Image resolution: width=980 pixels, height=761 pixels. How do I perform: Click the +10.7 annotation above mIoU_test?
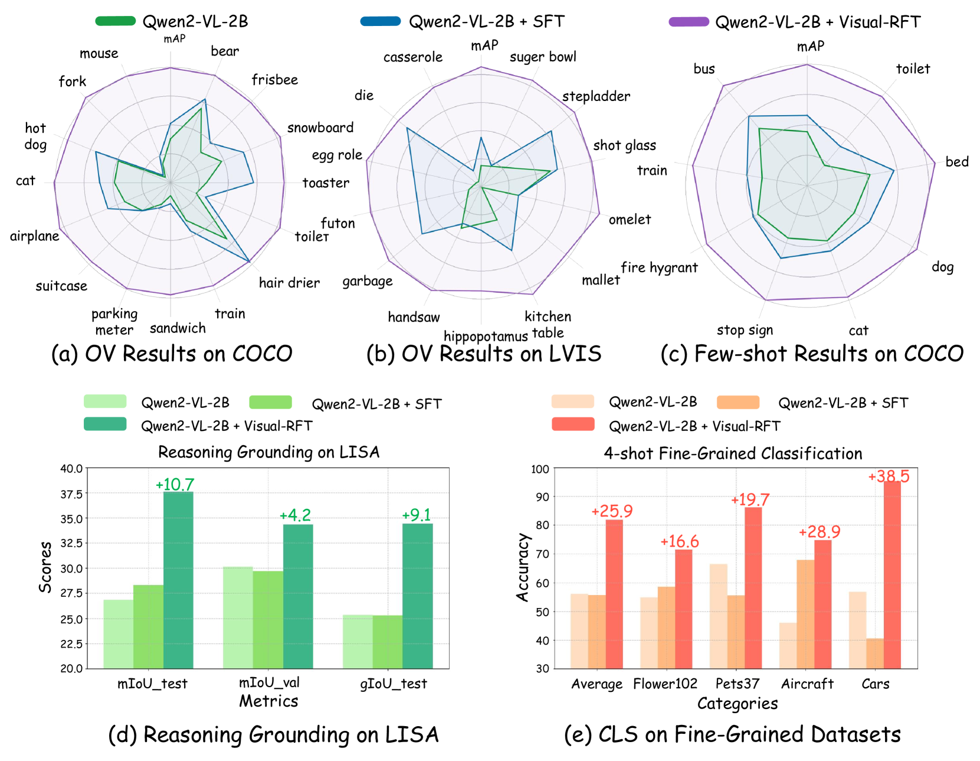point(175,484)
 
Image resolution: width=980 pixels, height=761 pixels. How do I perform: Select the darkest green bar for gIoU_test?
point(417,596)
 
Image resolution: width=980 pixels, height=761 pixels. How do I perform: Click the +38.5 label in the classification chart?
point(889,476)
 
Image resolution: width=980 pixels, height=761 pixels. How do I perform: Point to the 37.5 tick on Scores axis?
point(71,494)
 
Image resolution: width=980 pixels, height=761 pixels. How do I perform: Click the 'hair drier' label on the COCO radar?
point(289,283)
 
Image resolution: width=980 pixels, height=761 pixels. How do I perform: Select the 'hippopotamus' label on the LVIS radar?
point(485,337)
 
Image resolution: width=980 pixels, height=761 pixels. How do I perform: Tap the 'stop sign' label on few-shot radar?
point(745,330)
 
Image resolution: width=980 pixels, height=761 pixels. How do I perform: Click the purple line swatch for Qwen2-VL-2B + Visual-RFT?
point(689,22)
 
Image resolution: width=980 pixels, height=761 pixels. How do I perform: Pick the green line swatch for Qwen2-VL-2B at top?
point(116,21)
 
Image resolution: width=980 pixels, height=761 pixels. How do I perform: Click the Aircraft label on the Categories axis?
point(807,684)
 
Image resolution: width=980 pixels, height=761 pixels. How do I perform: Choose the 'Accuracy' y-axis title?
point(522,567)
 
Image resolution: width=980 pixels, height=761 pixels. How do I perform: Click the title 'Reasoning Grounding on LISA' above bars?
point(268,452)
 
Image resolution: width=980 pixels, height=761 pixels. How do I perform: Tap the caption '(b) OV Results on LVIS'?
point(484,354)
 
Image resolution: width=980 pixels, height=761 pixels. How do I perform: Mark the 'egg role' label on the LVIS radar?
point(337,155)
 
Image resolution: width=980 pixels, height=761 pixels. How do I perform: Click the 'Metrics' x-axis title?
point(268,701)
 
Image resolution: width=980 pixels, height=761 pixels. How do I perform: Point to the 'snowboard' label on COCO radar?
point(320,128)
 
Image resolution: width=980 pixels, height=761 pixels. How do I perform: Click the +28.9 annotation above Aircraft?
point(820,532)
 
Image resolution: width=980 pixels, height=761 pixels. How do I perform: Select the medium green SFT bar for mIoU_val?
point(268,619)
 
